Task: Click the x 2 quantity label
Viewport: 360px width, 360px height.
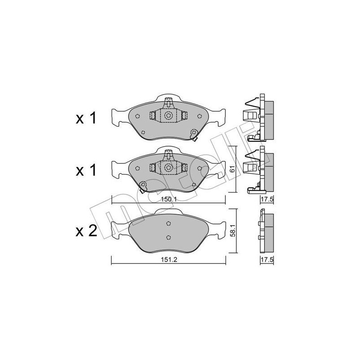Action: click(x=85, y=231)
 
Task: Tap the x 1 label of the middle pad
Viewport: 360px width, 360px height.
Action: click(x=85, y=171)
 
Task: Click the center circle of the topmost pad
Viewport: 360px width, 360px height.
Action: click(x=169, y=116)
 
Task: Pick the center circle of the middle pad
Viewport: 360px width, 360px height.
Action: click(x=169, y=167)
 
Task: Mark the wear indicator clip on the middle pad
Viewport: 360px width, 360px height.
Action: click(x=142, y=186)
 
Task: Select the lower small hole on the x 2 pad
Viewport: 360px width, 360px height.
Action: click(x=168, y=238)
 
